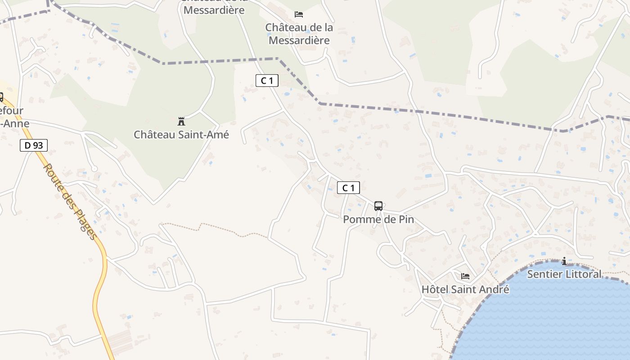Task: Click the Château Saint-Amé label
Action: (x=181, y=135)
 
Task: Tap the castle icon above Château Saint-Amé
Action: (x=181, y=121)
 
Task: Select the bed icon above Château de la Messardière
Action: (x=299, y=14)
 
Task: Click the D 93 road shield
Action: (x=33, y=145)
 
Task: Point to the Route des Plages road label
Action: (x=70, y=201)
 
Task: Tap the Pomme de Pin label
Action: (x=378, y=220)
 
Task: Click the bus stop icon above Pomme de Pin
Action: (x=378, y=206)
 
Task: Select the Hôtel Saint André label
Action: (x=465, y=289)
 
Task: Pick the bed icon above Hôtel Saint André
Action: (x=465, y=276)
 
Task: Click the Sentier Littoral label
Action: (x=564, y=274)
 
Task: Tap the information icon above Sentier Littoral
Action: (x=564, y=261)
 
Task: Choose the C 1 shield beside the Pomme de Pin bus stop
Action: (x=348, y=188)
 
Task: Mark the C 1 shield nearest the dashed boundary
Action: (x=267, y=81)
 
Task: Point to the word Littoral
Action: (x=583, y=274)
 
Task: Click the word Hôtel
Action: (x=435, y=289)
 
